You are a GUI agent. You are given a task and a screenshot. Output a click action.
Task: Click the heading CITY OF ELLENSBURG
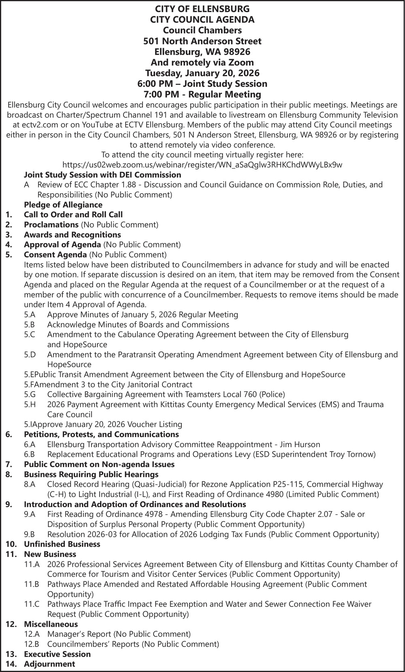pos(202,9)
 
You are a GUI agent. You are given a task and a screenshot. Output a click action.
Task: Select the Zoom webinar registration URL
pos(202,165)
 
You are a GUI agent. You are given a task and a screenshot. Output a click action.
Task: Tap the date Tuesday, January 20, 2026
pos(202,73)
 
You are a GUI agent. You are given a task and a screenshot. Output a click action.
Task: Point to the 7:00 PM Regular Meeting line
pos(202,94)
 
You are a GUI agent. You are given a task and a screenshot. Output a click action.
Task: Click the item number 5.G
pos(30,394)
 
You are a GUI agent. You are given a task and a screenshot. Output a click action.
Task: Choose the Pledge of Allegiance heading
pos(63,205)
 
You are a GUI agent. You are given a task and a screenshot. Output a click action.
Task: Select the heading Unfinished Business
pos(62,544)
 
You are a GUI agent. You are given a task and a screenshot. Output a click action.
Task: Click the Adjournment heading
pos(49,664)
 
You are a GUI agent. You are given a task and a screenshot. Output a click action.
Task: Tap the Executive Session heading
pos(57,654)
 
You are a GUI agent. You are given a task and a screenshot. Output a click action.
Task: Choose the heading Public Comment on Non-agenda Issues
pos(99,464)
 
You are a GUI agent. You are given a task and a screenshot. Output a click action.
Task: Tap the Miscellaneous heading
pos(51,624)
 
